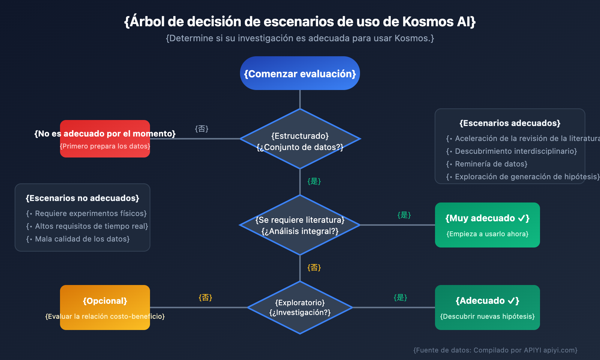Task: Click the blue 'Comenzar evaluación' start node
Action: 300,73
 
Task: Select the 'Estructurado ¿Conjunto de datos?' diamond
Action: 300,139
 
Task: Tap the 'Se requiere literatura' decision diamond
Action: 300,225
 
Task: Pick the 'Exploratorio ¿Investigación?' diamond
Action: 300,307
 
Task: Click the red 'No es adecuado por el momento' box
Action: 105,139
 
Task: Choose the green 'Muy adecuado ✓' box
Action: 487,225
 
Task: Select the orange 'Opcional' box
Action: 105,307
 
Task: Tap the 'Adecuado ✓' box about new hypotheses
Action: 487,307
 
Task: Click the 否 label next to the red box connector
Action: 202,129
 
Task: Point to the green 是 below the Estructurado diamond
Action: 314,181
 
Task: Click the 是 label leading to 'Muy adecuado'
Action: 404,215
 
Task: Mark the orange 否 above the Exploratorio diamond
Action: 314,268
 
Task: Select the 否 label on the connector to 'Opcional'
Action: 205,298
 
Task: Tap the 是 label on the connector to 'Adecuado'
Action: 400,298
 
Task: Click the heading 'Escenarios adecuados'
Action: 510,123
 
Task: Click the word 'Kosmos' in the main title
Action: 428,22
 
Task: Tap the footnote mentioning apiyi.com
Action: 495,350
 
